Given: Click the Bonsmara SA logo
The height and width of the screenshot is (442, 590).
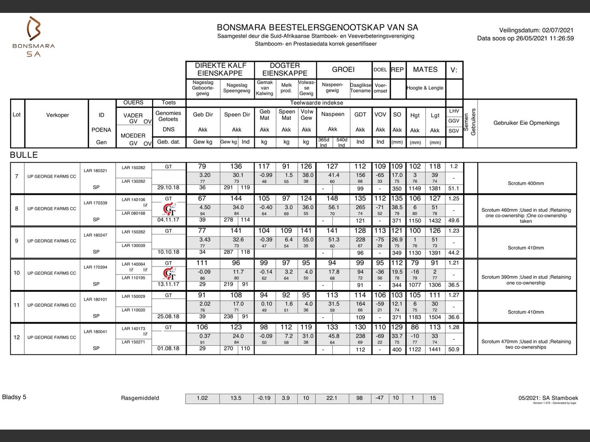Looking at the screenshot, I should [34, 37].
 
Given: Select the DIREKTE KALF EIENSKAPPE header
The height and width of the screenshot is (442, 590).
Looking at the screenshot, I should [221, 70].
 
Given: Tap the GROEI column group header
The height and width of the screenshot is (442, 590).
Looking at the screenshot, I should [343, 70].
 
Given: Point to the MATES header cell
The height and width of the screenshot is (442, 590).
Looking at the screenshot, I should [425, 70].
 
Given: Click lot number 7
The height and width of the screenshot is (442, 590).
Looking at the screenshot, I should [17, 176].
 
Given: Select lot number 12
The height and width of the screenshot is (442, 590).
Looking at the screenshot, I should [17, 337].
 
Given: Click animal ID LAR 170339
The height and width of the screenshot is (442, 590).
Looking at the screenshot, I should [96, 203].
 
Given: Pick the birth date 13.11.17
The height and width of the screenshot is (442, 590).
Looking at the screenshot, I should [168, 284].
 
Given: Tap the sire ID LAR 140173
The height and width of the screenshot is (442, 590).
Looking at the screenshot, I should [133, 329].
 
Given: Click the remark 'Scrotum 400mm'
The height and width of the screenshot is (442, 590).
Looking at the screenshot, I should [526, 183].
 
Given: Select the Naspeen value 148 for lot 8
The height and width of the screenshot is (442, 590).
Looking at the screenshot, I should [332, 198].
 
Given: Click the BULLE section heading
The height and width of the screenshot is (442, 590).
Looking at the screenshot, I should [24, 155].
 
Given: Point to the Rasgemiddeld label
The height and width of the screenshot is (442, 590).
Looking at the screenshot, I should [140, 398].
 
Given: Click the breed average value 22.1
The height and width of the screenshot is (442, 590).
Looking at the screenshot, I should [332, 398].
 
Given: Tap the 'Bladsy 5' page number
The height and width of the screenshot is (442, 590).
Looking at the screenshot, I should [14, 397].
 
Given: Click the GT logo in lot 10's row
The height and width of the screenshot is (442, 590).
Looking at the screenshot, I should [169, 274].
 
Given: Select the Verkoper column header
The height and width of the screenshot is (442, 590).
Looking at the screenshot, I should [58, 115].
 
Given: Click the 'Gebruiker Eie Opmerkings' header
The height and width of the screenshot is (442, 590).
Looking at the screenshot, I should [526, 123].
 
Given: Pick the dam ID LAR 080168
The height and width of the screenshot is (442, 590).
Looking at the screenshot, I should [133, 213].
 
